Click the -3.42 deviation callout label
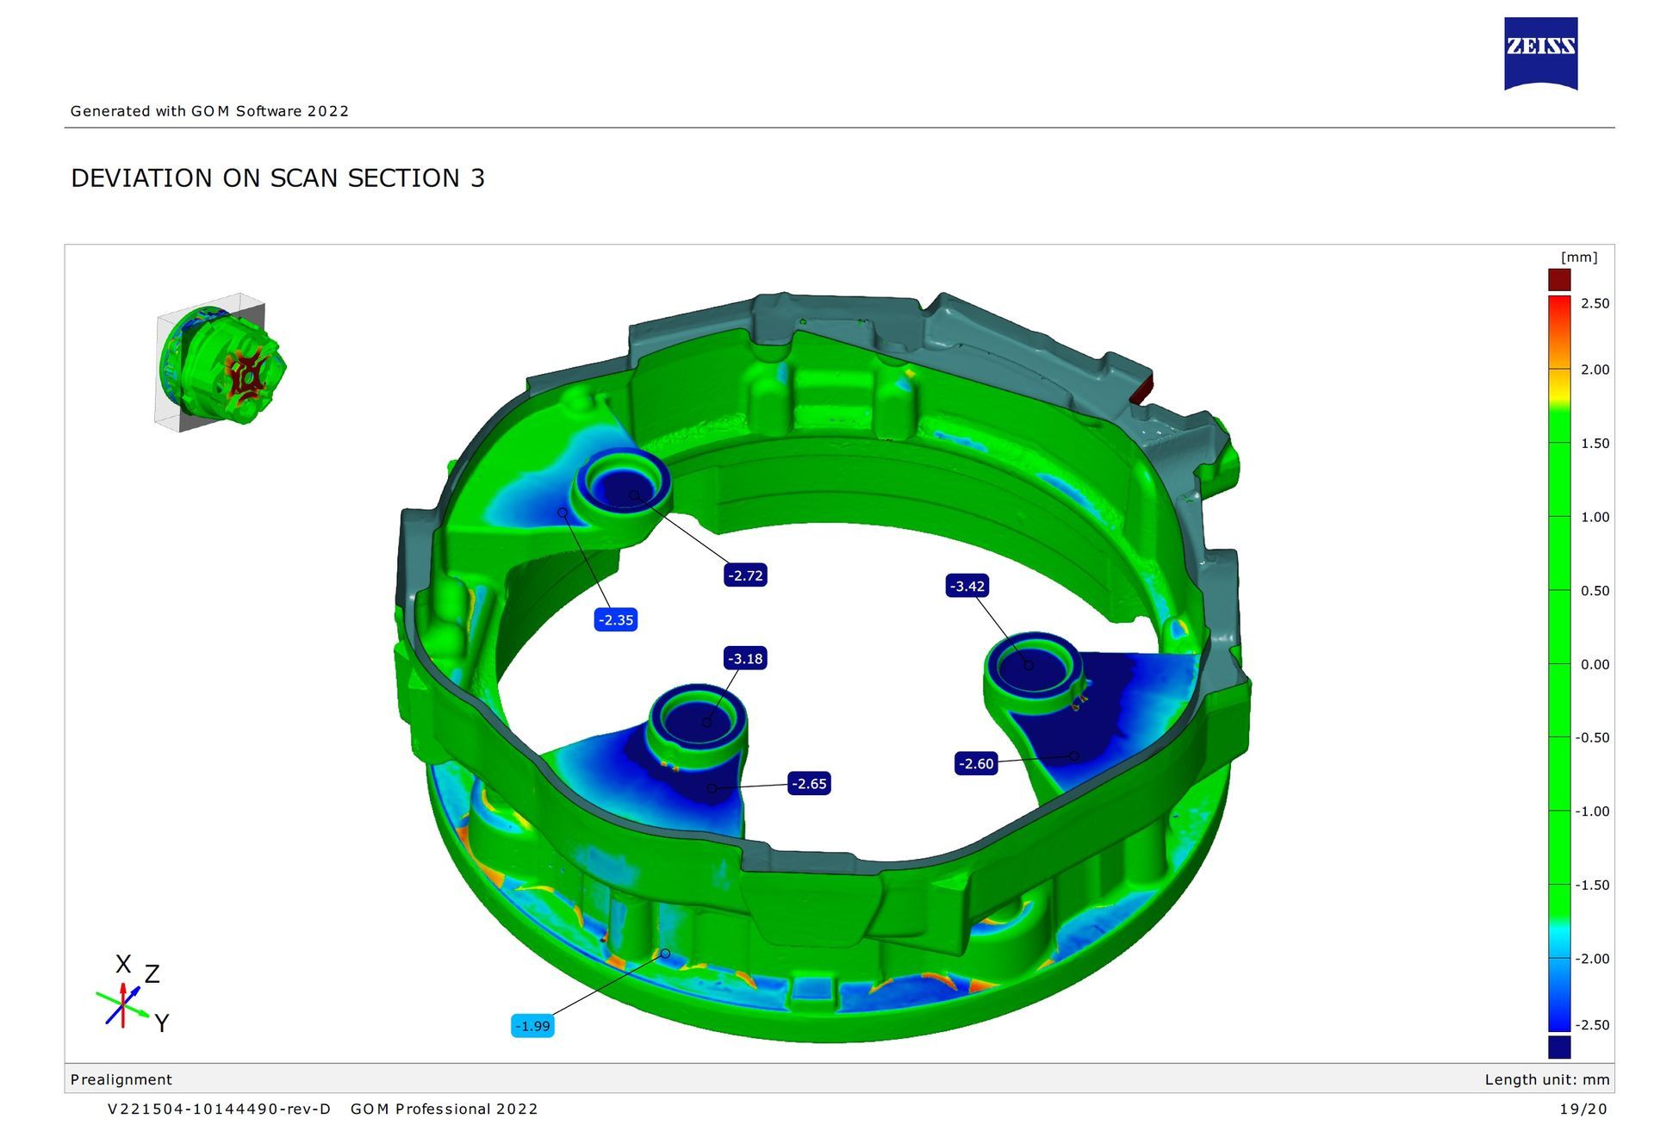[x=967, y=587]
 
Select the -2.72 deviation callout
[x=745, y=575]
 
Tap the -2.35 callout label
[x=616, y=619]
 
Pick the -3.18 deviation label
[x=745, y=659]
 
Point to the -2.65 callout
[x=809, y=784]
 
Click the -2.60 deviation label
[x=976, y=764]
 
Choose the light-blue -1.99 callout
[x=532, y=1026]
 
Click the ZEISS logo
[x=1541, y=53]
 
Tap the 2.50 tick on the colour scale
[x=1595, y=303]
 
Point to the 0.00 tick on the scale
[x=1595, y=664]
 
